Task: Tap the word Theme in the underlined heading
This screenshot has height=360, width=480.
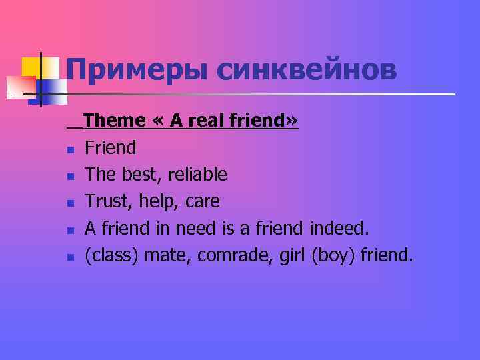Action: (115, 121)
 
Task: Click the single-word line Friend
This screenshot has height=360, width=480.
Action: (110, 147)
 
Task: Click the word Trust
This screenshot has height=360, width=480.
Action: (109, 201)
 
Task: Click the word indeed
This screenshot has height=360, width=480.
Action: (339, 229)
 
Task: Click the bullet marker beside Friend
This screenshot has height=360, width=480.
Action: (70, 149)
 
